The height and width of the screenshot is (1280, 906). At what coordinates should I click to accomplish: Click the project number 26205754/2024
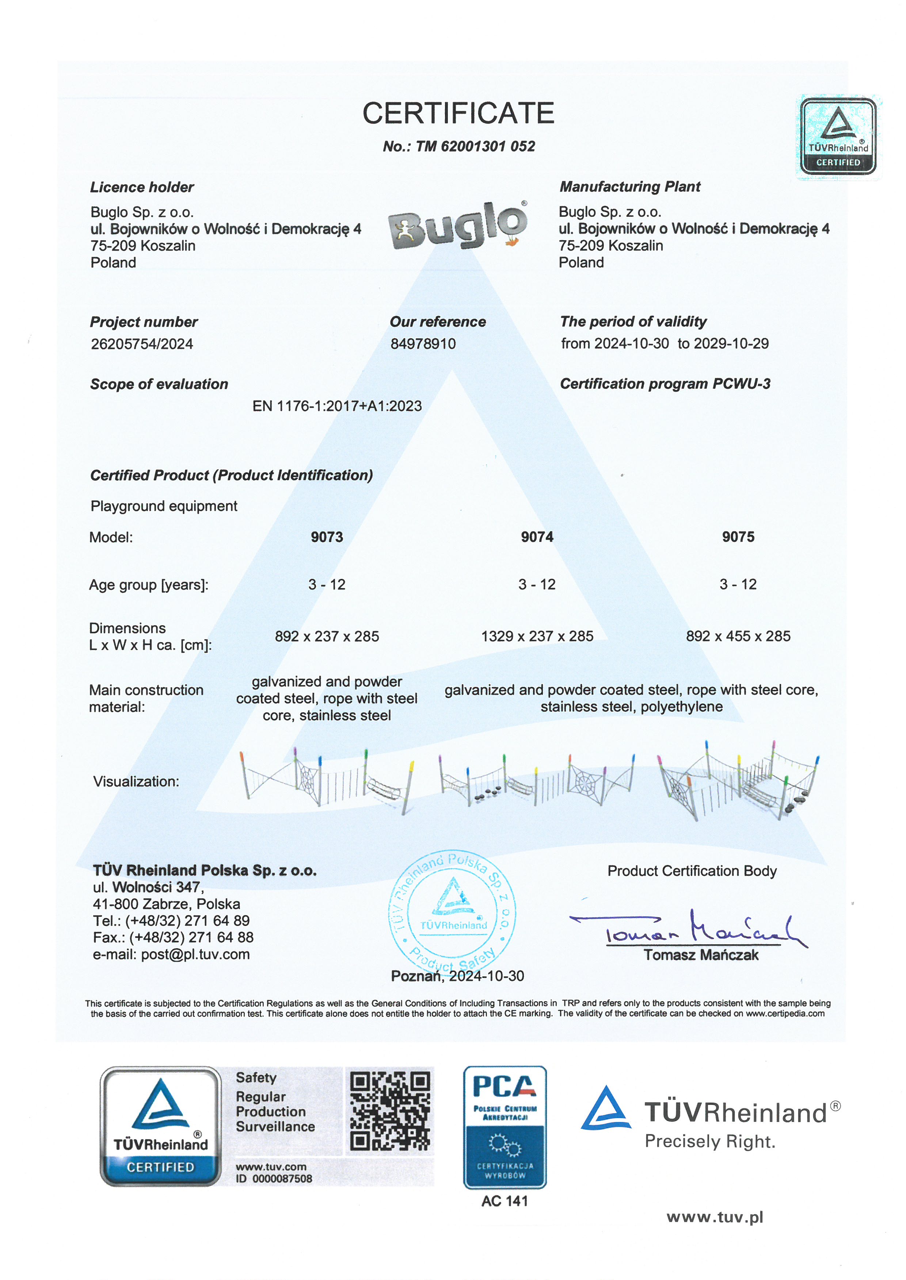pyautogui.click(x=142, y=344)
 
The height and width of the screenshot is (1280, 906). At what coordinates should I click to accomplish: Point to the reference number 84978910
pyautogui.click(x=423, y=344)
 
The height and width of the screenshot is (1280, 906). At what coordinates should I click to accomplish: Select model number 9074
pyautogui.click(x=537, y=537)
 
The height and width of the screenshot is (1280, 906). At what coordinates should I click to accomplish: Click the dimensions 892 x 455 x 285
pyautogui.click(x=738, y=636)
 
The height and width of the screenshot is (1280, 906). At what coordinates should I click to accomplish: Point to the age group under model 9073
pyautogui.click(x=327, y=584)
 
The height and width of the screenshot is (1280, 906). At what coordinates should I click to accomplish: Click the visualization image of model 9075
pyautogui.click(x=738, y=780)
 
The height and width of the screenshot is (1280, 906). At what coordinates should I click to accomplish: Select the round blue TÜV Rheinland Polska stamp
pyautogui.click(x=452, y=912)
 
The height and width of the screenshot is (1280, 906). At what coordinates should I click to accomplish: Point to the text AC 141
pyautogui.click(x=505, y=1202)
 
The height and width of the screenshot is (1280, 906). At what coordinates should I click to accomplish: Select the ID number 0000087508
pyautogui.click(x=282, y=1179)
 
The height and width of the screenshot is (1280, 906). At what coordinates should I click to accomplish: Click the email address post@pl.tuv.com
pyautogui.click(x=195, y=954)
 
